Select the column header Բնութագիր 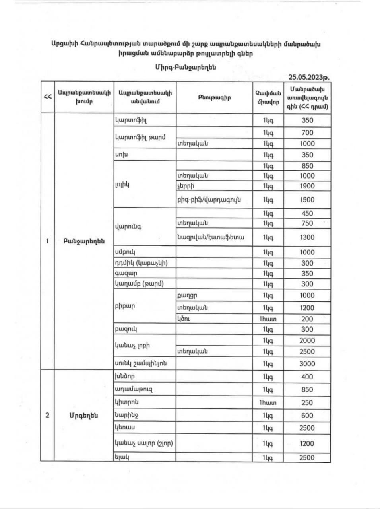(214, 97)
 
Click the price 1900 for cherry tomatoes (307, 186)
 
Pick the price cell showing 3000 (307, 363)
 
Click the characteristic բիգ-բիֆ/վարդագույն (209, 200)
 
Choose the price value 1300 (307, 237)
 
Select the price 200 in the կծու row (307, 319)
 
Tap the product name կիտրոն (126, 402)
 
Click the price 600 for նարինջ (307, 416)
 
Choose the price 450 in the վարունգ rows (307, 213)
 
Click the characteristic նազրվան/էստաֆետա (210, 237)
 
